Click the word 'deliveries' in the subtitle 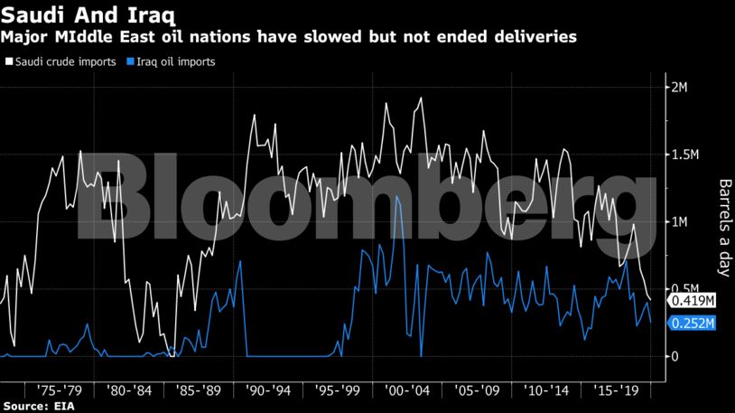coord(533,37)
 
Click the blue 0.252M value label coord(691,324)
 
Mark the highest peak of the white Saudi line coord(421,98)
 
